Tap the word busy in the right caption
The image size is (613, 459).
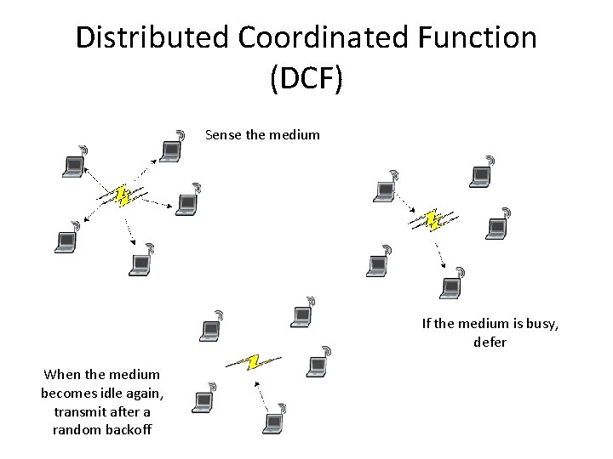click(541, 324)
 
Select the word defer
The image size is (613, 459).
click(490, 342)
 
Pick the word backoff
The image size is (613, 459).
click(124, 429)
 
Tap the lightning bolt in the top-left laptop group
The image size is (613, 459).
click(123, 197)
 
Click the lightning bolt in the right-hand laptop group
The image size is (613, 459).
click(431, 221)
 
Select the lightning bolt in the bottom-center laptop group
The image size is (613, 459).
click(251, 362)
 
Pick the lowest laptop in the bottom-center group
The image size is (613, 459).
click(274, 420)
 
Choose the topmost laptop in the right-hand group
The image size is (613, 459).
click(480, 174)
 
